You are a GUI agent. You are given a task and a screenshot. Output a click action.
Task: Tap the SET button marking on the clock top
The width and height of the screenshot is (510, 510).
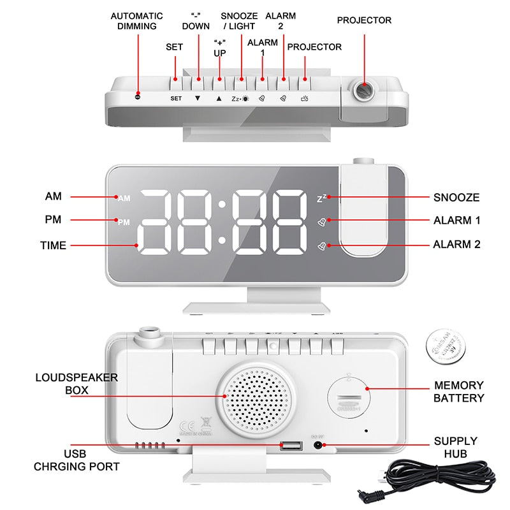tap(176, 99)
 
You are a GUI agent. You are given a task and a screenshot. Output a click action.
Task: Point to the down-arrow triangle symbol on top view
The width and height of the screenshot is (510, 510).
tap(198, 99)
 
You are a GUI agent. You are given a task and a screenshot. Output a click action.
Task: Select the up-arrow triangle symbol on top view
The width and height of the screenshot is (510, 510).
tap(219, 99)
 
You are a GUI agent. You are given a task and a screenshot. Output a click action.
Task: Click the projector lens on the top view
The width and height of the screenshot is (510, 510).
tap(364, 90)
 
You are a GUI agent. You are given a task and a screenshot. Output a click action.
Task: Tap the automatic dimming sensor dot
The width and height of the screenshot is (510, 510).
tap(138, 97)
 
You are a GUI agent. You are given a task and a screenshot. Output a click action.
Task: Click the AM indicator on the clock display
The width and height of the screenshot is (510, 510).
tap(124, 198)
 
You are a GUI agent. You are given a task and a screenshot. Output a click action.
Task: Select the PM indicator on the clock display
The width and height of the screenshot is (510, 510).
tap(124, 222)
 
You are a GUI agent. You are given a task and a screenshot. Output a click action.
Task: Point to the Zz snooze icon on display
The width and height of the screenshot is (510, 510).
tap(323, 198)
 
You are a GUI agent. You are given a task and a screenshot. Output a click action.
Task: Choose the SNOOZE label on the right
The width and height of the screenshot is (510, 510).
tap(456, 198)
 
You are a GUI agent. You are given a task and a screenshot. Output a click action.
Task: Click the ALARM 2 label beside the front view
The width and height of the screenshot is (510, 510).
tap(456, 244)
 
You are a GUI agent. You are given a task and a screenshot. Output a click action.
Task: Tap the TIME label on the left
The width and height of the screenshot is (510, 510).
tap(53, 245)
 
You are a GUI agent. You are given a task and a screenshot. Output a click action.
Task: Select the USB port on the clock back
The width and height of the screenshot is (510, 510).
tap(289, 445)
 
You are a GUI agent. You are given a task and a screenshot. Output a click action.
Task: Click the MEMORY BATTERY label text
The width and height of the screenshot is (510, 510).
tap(458, 391)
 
